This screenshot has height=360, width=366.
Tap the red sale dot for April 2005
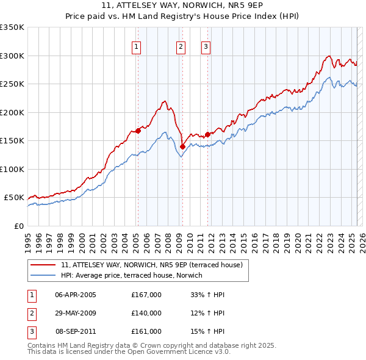138,130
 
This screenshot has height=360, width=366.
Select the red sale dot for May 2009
182,146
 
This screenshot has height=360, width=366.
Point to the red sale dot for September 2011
208,134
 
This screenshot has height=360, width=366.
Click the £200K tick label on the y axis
12,112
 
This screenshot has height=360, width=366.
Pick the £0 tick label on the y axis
20,226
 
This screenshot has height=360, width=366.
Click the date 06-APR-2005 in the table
76,295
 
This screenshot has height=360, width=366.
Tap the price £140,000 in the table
146,313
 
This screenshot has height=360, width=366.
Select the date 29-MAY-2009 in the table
76,313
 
